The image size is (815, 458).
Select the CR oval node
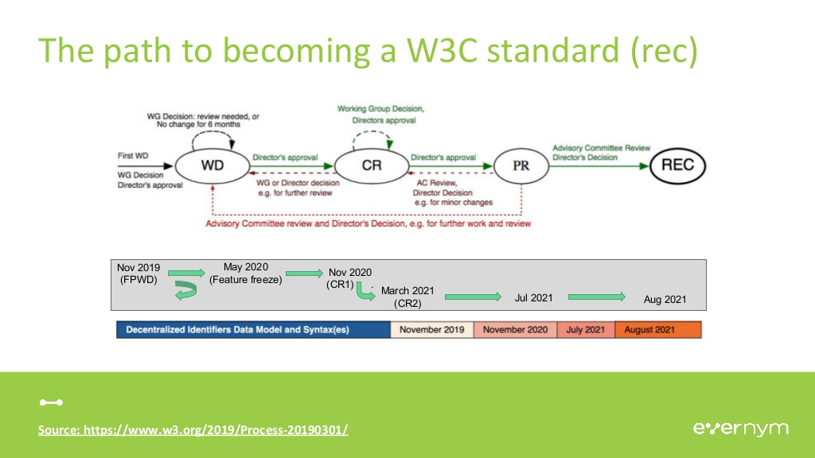[x=371, y=166]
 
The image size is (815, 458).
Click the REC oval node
[x=677, y=166]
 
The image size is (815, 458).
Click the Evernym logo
[x=740, y=429]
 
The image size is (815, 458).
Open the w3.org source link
[x=193, y=430]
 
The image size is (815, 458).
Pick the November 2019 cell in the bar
[x=431, y=329]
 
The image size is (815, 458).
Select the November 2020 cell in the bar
[x=515, y=329]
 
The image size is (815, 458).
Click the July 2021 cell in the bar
[x=585, y=329]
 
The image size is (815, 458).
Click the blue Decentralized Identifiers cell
[x=253, y=329]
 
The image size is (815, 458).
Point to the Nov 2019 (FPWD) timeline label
[x=138, y=274]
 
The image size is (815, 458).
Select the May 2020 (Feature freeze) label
[x=245, y=273]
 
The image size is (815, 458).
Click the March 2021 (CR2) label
[x=407, y=297]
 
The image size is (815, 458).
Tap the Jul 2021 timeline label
[x=533, y=298]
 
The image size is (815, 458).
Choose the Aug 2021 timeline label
[x=665, y=300]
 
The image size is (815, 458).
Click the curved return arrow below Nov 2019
[x=185, y=293]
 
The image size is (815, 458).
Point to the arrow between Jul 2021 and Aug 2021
[x=597, y=297]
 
